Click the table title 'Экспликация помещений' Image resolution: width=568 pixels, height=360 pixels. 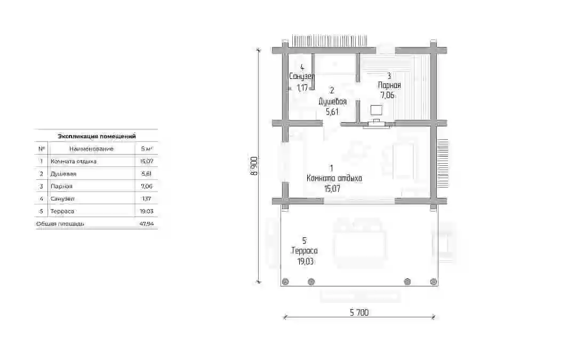coord(97,137)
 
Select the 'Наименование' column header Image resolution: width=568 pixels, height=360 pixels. coord(91,149)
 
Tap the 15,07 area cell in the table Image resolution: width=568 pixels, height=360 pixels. coord(146,161)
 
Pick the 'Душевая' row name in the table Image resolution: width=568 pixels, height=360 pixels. coord(63,174)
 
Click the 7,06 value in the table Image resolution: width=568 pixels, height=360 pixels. coord(146,186)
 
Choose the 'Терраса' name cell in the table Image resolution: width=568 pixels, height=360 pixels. coord(62,211)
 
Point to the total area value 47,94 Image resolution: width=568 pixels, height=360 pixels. coord(146,224)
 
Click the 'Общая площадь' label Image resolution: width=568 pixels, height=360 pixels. coord(60,224)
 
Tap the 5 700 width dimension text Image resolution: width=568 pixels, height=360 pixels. coord(359,312)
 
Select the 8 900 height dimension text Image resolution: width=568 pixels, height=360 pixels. coord(254,166)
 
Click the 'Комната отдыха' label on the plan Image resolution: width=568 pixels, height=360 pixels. coord(334,178)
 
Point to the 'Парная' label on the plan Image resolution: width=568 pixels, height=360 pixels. coord(389,85)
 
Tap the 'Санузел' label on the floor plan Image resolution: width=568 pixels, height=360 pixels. coord(302,76)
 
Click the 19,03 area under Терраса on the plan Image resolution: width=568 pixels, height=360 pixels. coord(306,261)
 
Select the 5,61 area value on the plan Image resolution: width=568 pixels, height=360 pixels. coord(332,112)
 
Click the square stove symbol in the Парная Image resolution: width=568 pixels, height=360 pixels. coord(377,110)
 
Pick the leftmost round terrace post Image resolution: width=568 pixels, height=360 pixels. coord(285,282)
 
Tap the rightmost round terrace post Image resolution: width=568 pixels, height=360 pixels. coord(433,282)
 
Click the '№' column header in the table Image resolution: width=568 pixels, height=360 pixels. coord(42,149)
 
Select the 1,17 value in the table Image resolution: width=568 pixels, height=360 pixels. coord(146,199)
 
